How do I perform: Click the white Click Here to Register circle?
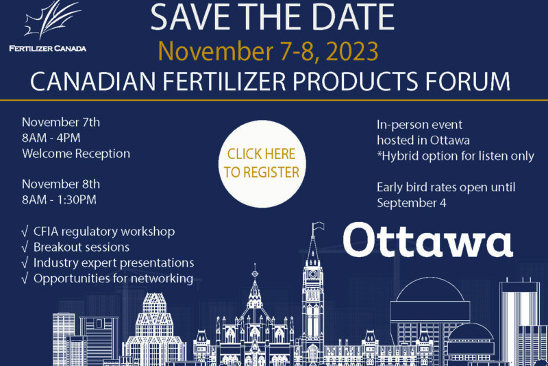tap(262, 164)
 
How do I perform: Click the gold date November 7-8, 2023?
tap(268, 51)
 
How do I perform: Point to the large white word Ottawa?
tap(427, 240)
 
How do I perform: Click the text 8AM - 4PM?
tap(51, 138)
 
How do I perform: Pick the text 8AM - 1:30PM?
tap(59, 199)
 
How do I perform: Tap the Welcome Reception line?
tap(76, 154)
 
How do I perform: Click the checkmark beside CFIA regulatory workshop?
tap(25, 232)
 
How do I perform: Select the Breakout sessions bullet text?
tap(82, 247)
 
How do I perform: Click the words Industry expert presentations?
tap(114, 263)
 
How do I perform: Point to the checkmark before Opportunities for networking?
tap(25, 278)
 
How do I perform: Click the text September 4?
tap(412, 203)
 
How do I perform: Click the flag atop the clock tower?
tap(318, 226)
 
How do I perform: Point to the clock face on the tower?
tap(313, 274)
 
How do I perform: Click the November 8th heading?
tap(61, 184)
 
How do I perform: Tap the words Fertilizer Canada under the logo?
tap(47, 49)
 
